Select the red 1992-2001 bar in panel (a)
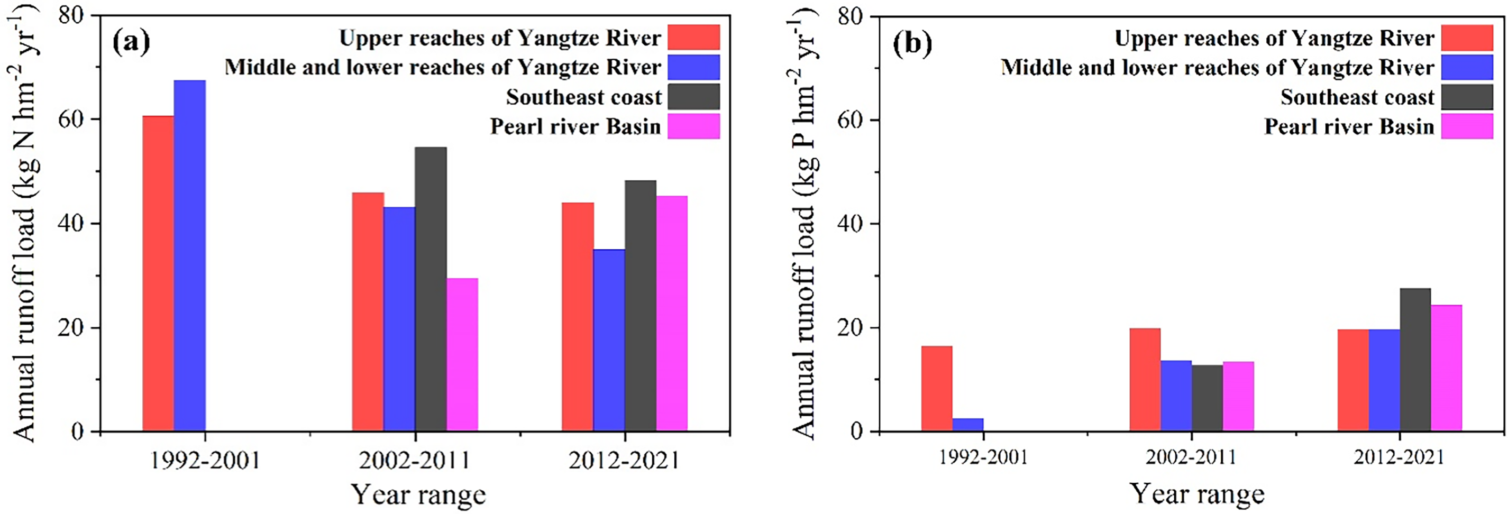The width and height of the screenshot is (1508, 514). tap(158, 273)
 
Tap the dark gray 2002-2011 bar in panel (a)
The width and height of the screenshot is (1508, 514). tap(431, 289)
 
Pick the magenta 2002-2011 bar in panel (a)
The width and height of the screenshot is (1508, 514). tap(462, 355)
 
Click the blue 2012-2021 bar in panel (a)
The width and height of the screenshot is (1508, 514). tap(609, 340)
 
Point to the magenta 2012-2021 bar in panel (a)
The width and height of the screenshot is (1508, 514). tap(672, 314)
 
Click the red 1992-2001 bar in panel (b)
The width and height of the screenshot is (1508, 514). tap(937, 389)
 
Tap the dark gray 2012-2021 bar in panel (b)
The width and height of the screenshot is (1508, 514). tap(1415, 360)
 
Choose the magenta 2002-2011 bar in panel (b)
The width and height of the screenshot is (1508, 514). tap(1238, 396)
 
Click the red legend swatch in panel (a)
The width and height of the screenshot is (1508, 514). tap(694, 38)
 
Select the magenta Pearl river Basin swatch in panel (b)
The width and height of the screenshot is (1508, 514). tap(1467, 126)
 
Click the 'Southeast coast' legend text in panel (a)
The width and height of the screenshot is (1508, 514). tap(583, 97)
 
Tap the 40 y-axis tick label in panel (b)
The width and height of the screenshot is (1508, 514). tap(849, 224)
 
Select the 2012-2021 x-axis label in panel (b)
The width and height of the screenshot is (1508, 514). tap(1399, 458)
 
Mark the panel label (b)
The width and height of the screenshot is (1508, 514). tap(912, 44)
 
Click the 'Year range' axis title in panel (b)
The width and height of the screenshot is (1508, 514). tap(1196, 493)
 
